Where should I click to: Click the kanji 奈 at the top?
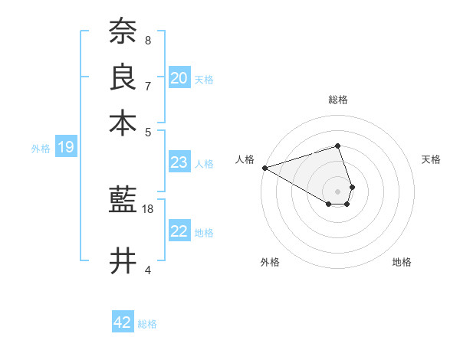pyautogui.click(x=123, y=31)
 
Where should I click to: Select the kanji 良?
pyautogui.click(x=123, y=77)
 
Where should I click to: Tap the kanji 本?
pyautogui.click(x=123, y=122)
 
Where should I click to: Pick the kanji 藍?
pyautogui.click(x=123, y=201)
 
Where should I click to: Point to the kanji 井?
pyautogui.click(x=123, y=261)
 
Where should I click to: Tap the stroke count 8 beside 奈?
pyautogui.click(x=147, y=40)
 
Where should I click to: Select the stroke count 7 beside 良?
pyautogui.click(x=147, y=85)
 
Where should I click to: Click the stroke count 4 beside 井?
pyautogui.click(x=147, y=270)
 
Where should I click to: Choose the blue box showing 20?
pyautogui.click(x=179, y=77)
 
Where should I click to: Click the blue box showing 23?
pyautogui.click(x=179, y=162)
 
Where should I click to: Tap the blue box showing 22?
pyautogui.click(x=179, y=232)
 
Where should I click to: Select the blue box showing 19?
pyautogui.click(x=66, y=148)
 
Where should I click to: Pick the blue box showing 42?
pyautogui.click(x=123, y=322)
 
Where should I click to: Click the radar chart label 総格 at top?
pyautogui.click(x=337, y=100)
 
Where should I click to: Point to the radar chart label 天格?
pyautogui.click(x=431, y=159)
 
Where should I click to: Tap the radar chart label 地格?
pyautogui.click(x=402, y=262)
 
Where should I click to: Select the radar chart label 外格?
pyautogui.click(x=270, y=262)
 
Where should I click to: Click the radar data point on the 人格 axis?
pyautogui.click(x=264, y=167)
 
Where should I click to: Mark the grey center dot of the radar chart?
pyautogui.click(x=337, y=190)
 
